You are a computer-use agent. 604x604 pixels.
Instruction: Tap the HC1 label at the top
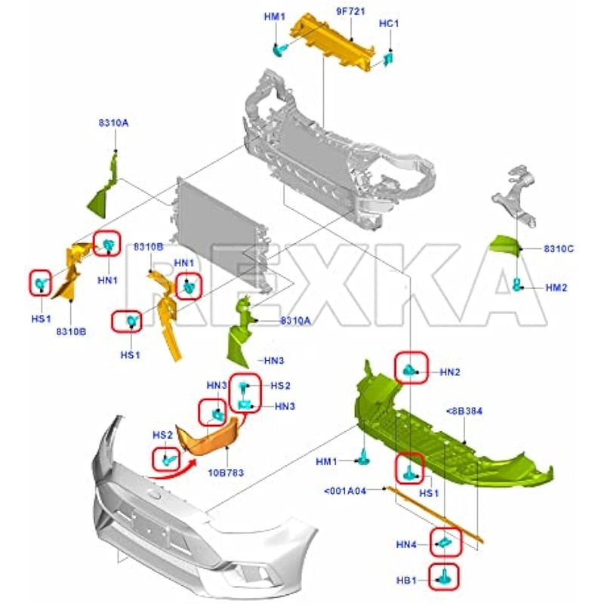(389, 23)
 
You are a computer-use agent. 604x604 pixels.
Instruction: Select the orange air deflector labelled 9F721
(333, 41)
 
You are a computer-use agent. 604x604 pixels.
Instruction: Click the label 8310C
(559, 248)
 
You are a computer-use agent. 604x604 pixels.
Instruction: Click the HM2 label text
(556, 288)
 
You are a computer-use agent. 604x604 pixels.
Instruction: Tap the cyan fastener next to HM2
(519, 285)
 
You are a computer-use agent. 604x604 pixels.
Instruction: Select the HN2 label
(450, 372)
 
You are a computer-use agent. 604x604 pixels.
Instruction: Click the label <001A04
(345, 491)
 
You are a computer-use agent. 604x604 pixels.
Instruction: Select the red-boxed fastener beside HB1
(444, 576)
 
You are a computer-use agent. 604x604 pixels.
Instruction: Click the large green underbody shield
(445, 438)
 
